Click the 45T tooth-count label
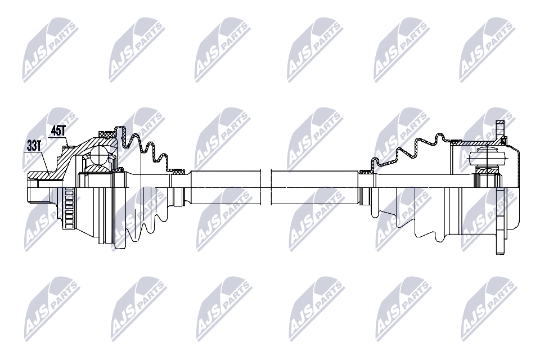click(x=58, y=130)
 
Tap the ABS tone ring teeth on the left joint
click(x=69, y=208)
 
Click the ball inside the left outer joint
click(x=100, y=154)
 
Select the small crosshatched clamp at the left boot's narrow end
click(x=178, y=171)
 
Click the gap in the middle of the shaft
click(x=266, y=188)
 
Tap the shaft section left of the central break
click(x=226, y=187)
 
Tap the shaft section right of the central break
click(x=315, y=187)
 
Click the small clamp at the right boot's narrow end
click(x=365, y=172)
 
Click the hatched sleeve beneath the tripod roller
click(x=487, y=170)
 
